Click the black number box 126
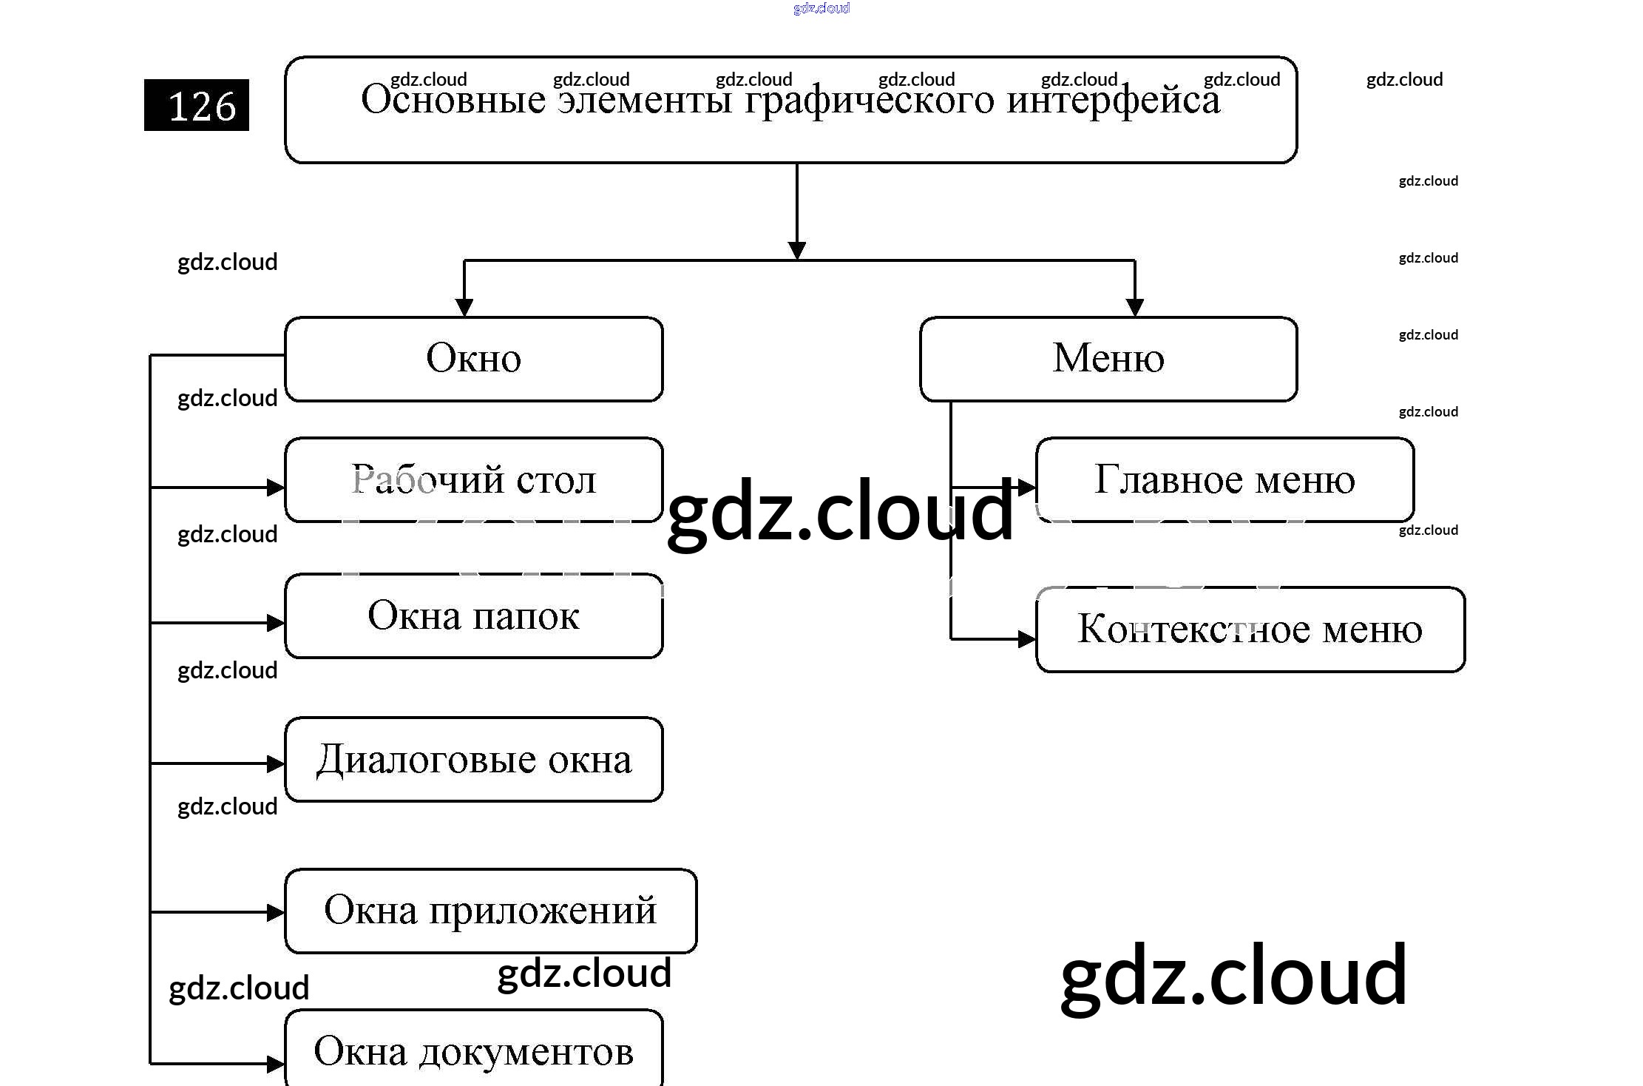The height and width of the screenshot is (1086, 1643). point(197,105)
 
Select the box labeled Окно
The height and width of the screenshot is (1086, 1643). point(473,359)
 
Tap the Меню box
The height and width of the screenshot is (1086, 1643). point(1108,359)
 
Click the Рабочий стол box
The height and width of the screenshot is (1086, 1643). point(473,479)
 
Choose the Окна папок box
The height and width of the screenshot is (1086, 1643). point(473,615)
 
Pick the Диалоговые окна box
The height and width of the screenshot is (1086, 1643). point(473,759)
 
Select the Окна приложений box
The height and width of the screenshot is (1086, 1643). point(490,911)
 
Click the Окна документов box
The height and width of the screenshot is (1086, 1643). point(473,1050)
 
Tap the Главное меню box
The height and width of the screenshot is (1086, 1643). point(1224,479)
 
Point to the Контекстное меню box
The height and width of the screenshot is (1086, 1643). point(1250,630)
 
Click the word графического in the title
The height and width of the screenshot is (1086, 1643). point(870,100)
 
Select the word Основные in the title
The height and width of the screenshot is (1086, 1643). point(453,100)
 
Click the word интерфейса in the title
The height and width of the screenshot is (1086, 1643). point(1114,100)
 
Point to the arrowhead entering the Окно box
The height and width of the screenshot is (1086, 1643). point(464,307)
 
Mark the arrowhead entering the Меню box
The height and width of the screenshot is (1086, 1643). point(1134,307)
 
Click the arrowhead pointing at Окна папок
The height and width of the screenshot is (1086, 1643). point(276,623)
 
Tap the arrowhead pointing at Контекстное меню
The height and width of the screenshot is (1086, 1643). point(1026,638)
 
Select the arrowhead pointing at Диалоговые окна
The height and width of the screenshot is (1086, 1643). point(276,763)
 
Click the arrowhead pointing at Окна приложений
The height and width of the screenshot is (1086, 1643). point(276,912)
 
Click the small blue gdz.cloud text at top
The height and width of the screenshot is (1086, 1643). point(821,8)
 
